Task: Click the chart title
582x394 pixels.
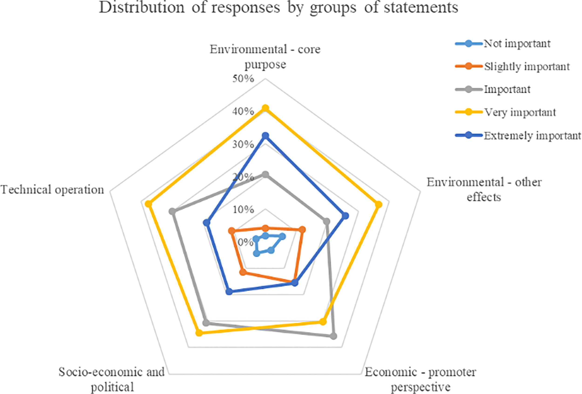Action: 278,7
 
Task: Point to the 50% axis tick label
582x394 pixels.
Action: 243,79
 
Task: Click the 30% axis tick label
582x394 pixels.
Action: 243,144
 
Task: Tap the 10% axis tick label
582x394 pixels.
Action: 243,209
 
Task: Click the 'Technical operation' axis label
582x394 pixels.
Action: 52,190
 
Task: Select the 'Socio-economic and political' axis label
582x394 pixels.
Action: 112,380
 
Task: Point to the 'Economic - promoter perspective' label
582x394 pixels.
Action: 420,380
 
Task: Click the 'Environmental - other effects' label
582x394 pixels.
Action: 484,189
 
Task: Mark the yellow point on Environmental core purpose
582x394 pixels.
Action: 265,108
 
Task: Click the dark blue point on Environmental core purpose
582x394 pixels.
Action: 265,136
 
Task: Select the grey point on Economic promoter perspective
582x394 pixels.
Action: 333,336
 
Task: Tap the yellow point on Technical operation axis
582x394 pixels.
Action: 149,204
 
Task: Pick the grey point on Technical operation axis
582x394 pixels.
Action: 172,212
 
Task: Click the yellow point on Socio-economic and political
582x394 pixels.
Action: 199,333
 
